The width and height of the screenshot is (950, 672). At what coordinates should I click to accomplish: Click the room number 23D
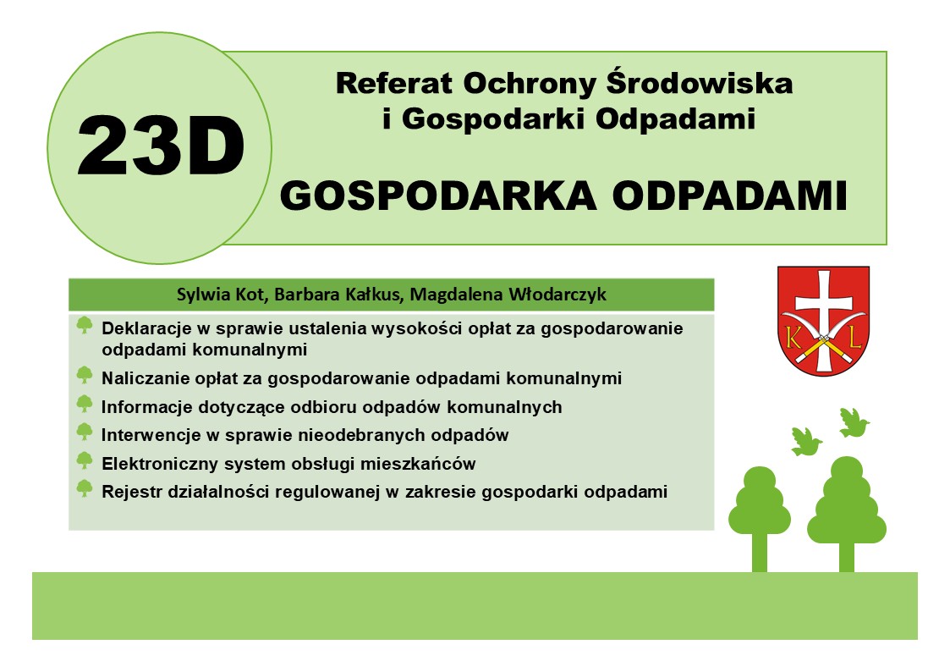point(161,146)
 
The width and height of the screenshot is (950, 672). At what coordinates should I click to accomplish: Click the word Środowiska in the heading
point(699,82)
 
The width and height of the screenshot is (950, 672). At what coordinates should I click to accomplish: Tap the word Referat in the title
point(394,83)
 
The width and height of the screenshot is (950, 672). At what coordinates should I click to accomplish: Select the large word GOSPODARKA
point(438,196)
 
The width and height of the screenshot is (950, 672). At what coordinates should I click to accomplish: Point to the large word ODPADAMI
point(729,196)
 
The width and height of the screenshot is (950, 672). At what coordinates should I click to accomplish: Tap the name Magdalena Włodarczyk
point(508,295)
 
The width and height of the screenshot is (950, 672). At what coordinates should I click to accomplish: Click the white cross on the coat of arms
point(823,320)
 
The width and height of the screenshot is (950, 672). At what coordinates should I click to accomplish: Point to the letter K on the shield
point(792,337)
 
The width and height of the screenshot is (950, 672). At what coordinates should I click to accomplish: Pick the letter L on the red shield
point(855,337)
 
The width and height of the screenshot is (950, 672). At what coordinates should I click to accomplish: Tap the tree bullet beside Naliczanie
point(85,375)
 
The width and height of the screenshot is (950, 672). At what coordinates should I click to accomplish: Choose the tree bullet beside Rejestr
point(85,488)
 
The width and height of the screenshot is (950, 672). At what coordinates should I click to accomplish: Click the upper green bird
point(854,422)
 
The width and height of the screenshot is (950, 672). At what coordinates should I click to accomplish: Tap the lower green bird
point(806,441)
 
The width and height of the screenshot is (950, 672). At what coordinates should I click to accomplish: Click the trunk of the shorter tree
point(759,552)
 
